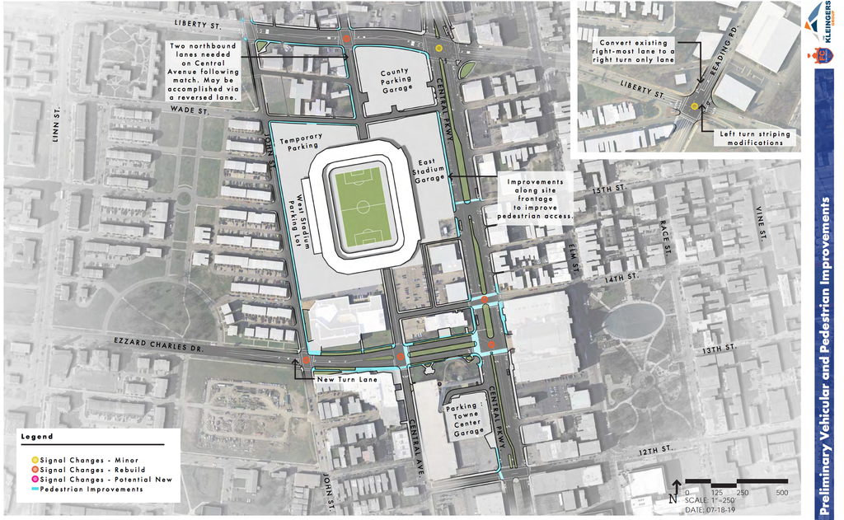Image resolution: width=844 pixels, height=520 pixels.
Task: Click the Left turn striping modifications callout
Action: [754, 138]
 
